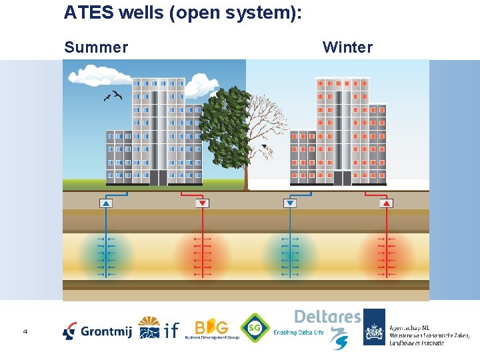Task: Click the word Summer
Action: (x=95, y=47)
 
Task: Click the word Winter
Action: (x=347, y=47)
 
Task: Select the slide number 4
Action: (x=25, y=331)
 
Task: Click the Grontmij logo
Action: (x=97, y=330)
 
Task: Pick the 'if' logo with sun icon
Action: (x=159, y=328)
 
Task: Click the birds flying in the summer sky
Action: (x=112, y=96)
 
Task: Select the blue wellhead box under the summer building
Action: (x=106, y=203)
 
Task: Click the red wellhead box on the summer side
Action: (x=202, y=203)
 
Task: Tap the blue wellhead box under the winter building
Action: (x=289, y=203)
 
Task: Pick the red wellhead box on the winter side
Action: (x=385, y=203)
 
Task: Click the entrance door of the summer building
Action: (x=158, y=178)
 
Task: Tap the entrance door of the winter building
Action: (x=342, y=178)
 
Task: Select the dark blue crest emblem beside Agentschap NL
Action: (x=374, y=327)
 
